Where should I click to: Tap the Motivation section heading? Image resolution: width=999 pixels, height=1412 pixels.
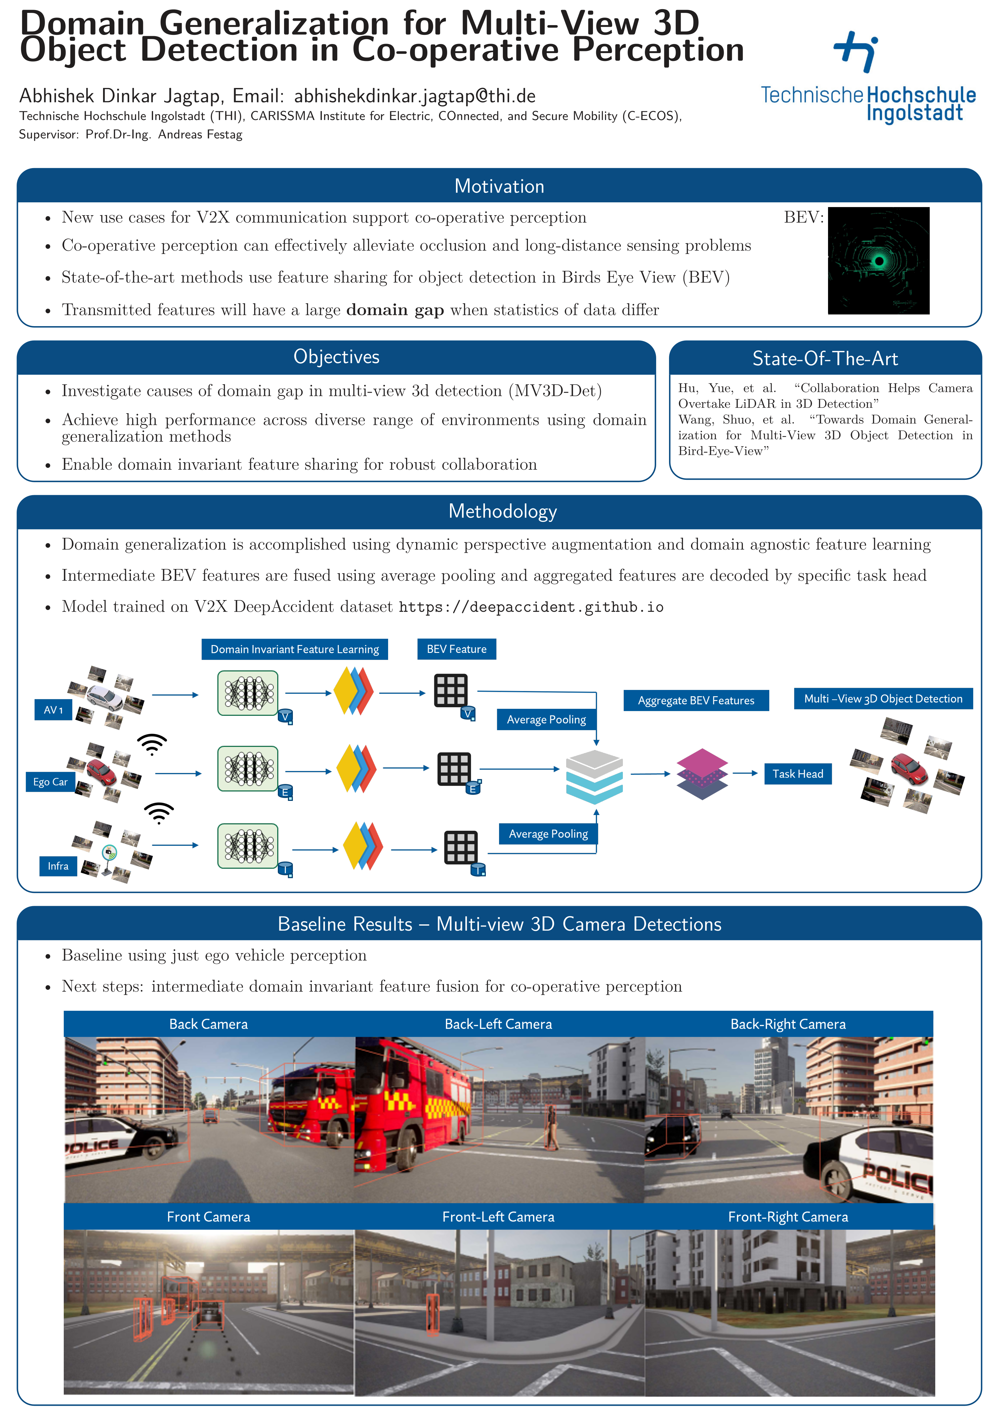pyautogui.click(x=499, y=186)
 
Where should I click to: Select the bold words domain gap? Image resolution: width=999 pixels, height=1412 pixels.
pyautogui.click(x=395, y=310)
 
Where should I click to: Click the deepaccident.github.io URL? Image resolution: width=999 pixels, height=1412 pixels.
pyautogui.click(x=531, y=608)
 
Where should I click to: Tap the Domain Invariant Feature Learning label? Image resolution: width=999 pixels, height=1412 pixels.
pyautogui.click(x=295, y=649)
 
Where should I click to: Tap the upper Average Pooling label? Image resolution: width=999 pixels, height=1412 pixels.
pyautogui.click(x=546, y=720)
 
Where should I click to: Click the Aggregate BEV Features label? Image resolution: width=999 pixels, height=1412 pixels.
pyautogui.click(x=696, y=700)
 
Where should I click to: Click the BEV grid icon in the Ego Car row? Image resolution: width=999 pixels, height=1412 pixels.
pyautogui.click(x=454, y=769)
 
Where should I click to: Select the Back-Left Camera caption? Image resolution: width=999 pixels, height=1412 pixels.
pyautogui.click(x=498, y=1024)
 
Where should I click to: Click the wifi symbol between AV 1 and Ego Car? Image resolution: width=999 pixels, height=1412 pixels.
pyautogui.click(x=152, y=743)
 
